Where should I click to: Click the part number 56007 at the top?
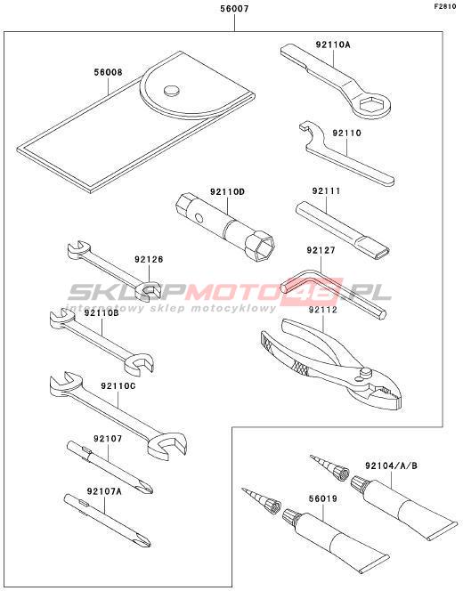point(234,8)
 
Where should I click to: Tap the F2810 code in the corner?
point(445,6)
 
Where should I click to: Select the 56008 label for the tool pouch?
point(109,72)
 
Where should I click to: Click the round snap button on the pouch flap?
point(172,91)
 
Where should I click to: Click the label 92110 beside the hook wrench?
point(346,133)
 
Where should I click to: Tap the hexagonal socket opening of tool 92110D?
point(264,248)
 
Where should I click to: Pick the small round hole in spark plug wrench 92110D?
point(199,218)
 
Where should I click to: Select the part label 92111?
point(326,190)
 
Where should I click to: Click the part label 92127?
point(321,250)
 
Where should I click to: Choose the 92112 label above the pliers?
point(322,310)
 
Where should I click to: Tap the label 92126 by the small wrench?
point(149,260)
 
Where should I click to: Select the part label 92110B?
point(102,312)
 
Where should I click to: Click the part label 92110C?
point(118,386)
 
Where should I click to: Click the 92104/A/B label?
point(391,466)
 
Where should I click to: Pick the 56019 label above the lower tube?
point(322,498)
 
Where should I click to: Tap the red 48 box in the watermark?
point(322,291)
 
